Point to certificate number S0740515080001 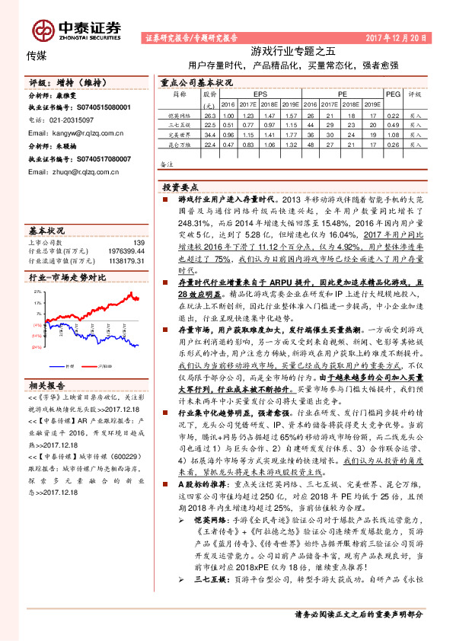103,108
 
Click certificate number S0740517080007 103,159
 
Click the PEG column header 393,94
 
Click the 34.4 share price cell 211,134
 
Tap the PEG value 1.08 393,134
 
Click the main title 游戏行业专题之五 293,52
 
